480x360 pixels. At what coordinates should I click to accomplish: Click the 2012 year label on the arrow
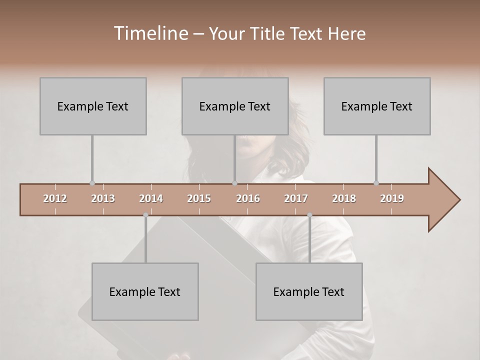pyautogui.click(x=55, y=198)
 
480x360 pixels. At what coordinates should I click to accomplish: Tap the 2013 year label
pyautogui.click(x=103, y=198)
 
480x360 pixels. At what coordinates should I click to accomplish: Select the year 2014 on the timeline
pyautogui.click(x=151, y=198)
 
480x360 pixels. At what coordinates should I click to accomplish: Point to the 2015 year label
pyautogui.click(x=199, y=198)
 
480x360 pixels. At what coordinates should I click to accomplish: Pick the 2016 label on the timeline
pyautogui.click(x=248, y=198)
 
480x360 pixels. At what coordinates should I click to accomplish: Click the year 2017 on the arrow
pyautogui.click(x=296, y=198)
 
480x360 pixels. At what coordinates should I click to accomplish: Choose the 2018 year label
pyautogui.click(x=344, y=198)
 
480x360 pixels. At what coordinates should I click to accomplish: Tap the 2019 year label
pyautogui.click(x=392, y=198)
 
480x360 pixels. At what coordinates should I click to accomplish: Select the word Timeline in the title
pyautogui.click(x=149, y=33)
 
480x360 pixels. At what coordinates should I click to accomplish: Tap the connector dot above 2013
pyautogui.click(x=92, y=183)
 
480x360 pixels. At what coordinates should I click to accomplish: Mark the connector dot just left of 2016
pyautogui.click(x=234, y=183)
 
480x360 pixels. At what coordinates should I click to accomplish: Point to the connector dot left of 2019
pyautogui.click(x=376, y=183)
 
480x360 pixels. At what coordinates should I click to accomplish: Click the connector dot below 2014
pyautogui.click(x=145, y=215)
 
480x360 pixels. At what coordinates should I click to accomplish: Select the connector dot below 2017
pyautogui.click(x=309, y=215)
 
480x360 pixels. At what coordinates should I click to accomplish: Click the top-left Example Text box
pyautogui.click(x=93, y=106)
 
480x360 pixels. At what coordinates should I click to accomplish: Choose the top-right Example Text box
pyautogui.click(x=377, y=106)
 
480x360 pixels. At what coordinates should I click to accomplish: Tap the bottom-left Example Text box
pyautogui.click(x=145, y=291)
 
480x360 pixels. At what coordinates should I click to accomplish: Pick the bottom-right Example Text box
pyautogui.click(x=309, y=291)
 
